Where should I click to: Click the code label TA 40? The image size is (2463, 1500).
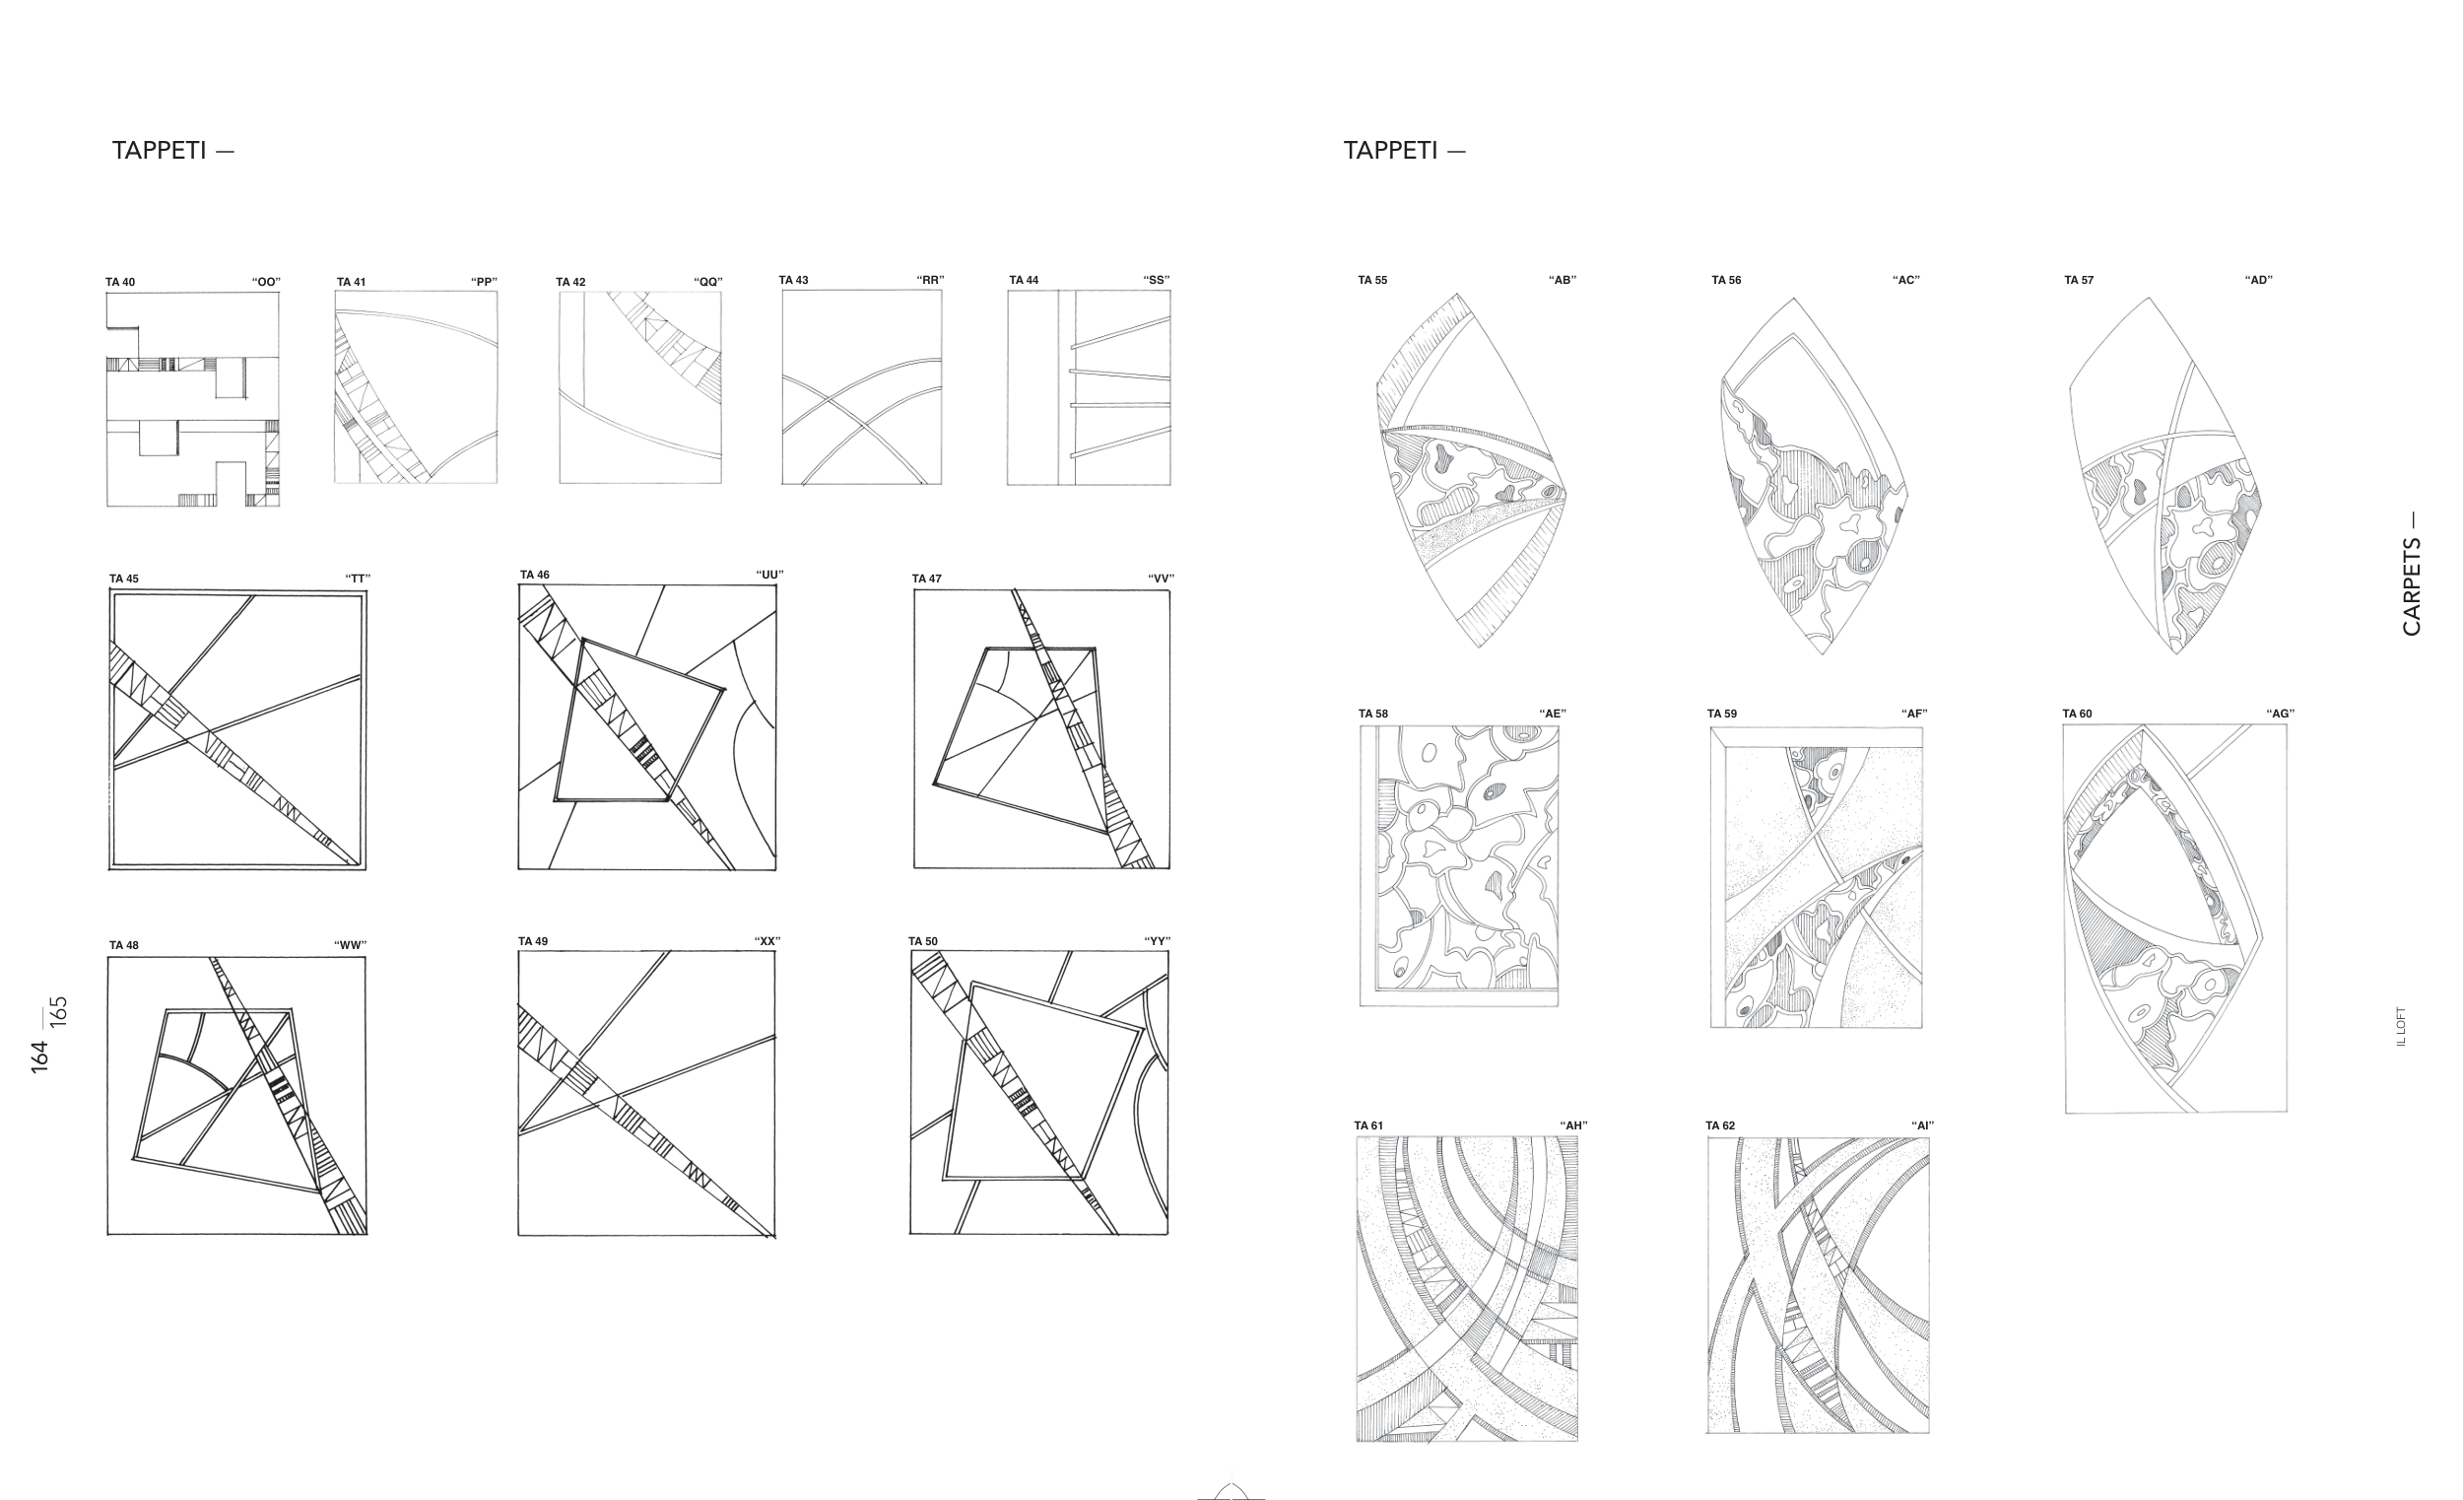pos(120,282)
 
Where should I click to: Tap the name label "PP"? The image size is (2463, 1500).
pos(485,282)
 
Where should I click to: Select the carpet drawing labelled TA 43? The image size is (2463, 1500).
pos(862,387)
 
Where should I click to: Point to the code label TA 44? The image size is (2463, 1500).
pos(1024,280)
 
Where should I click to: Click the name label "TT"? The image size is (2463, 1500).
pos(358,578)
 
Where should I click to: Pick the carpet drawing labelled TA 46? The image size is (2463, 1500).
pos(647,727)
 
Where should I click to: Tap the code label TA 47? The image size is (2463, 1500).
pos(927,578)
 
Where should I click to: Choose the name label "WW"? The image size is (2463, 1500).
pos(350,945)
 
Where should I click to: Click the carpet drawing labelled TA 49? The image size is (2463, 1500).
pos(646,1094)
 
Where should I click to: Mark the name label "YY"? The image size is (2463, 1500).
pos(1158,941)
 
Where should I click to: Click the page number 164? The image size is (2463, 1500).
pos(40,1057)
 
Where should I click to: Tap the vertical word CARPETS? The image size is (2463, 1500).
pos(2412,587)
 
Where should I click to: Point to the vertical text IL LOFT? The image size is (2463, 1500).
pos(2401,1026)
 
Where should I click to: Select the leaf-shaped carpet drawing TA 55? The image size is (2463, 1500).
pos(1469,471)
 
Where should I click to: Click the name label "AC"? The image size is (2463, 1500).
pos(1906,280)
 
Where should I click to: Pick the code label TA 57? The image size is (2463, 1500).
pos(2078,280)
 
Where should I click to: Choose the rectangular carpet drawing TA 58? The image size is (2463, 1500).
pos(1458,866)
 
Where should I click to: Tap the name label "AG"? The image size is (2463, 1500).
pos(2280,713)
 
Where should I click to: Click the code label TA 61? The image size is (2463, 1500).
pos(1368,1125)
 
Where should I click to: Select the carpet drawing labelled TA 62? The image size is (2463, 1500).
pos(1819,1285)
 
